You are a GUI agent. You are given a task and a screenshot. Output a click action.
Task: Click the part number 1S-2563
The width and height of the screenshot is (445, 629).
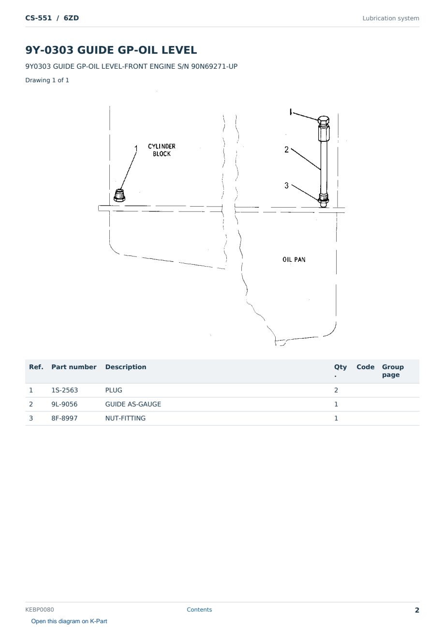point(65,390)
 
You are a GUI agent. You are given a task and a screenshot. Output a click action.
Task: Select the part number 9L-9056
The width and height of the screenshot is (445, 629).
point(64,404)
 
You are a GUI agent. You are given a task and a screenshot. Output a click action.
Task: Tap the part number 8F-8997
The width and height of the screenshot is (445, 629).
point(64,418)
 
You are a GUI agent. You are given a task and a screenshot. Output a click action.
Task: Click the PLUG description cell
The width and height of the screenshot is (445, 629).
point(114,390)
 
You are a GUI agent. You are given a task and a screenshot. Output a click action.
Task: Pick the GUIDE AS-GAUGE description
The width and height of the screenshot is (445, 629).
point(133,404)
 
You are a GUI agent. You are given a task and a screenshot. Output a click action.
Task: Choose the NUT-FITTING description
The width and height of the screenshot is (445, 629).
point(125,418)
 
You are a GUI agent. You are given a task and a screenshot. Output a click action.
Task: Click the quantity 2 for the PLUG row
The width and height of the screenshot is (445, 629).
point(336,390)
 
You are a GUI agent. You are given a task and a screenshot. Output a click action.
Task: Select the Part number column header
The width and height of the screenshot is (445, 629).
point(74,367)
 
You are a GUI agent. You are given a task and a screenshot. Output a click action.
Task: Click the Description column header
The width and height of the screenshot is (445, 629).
point(126,367)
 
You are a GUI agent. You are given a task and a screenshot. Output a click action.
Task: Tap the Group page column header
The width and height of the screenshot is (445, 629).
point(393,371)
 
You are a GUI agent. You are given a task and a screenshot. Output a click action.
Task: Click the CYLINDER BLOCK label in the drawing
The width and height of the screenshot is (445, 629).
point(162,150)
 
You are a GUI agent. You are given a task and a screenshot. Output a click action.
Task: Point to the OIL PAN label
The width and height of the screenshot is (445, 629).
point(294,259)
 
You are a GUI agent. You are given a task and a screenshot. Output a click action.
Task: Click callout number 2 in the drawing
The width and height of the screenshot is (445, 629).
point(286,150)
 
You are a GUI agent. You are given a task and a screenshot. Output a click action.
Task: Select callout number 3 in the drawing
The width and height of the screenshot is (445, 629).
point(286,185)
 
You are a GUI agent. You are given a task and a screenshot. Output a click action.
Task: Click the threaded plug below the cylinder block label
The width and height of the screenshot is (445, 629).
point(119,195)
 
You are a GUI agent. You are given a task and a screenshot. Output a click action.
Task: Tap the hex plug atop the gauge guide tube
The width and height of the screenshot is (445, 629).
point(324,120)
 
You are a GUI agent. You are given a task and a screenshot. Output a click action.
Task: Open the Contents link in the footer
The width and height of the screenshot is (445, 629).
point(199,610)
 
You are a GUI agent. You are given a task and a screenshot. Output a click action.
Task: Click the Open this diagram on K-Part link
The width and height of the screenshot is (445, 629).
point(69,621)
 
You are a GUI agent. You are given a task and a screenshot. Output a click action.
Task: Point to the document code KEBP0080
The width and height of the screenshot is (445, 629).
point(40,610)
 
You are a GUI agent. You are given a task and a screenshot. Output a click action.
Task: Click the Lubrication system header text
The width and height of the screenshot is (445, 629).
point(391,18)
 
